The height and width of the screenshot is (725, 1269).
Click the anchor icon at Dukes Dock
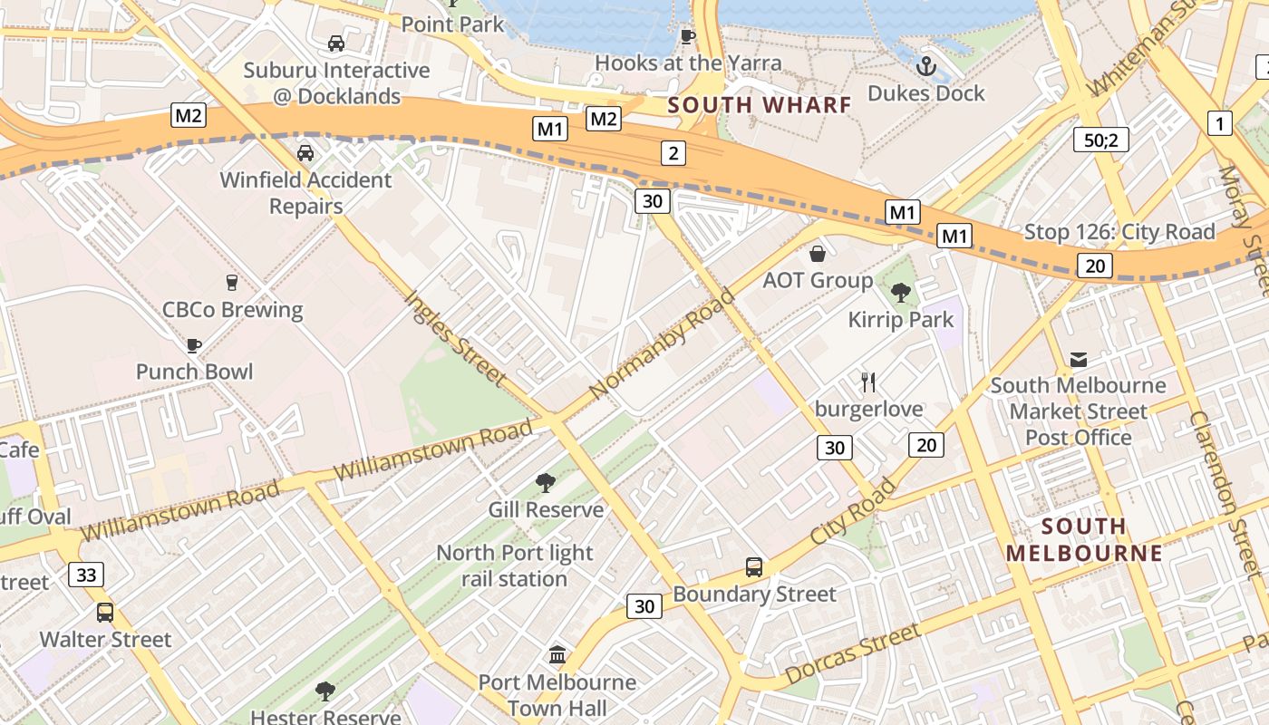click(x=925, y=65)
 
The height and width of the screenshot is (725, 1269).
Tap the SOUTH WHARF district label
click(x=760, y=105)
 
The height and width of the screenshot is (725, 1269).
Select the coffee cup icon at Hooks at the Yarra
click(x=687, y=36)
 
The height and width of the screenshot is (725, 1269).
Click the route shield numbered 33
click(x=86, y=575)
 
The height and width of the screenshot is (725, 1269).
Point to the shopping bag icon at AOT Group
click(x=818, y=254)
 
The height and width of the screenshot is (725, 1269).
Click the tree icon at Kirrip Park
click(x=900, y=292)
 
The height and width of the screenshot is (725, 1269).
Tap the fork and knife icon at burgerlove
click(x=868, y=382)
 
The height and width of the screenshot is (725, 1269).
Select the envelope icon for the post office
click(x=1078, y=360)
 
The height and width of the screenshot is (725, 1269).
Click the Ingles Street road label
click(x=455, y=337)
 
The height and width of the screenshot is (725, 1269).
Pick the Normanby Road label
click(x=662, y=343)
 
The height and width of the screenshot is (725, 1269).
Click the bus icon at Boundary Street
click(x=753, y=567)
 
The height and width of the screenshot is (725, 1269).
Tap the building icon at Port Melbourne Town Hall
click(x=557, y=654)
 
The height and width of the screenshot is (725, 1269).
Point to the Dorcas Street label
click(x=852, y=654)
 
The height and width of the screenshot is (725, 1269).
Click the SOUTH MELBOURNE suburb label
click(x=1083, y=539)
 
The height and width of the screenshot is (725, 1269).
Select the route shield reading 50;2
click(x=1100, y=140)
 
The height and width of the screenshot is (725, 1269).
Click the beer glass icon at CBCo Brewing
click(x=231, y=283)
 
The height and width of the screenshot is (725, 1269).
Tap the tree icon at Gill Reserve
click(x=545, y=482)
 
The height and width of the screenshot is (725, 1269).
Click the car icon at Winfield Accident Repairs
click(x=305, y=152)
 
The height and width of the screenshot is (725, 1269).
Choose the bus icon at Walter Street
click(x=105, y=612)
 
